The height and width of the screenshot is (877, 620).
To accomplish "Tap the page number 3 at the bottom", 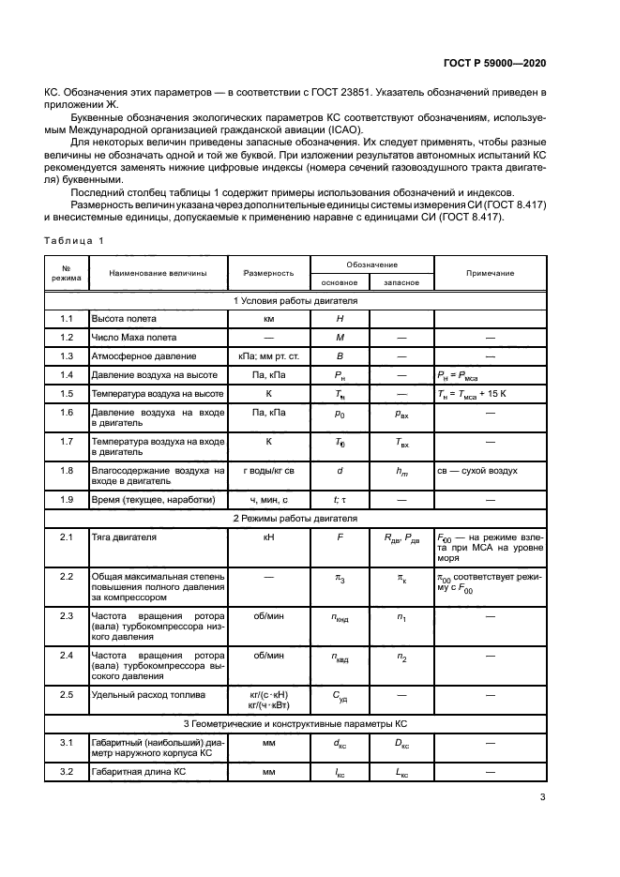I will pos(542,798).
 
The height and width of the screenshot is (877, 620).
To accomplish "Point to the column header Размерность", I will pos(268,273).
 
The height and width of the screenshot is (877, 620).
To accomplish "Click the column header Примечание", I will pos(490,273).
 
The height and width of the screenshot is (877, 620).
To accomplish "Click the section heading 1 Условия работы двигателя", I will pos(295,301).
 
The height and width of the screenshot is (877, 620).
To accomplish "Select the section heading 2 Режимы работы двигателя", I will pos(295,518).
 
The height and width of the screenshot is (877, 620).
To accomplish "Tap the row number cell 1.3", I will pos(67,355).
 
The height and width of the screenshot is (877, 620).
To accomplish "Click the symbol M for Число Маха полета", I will pos(340,338).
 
